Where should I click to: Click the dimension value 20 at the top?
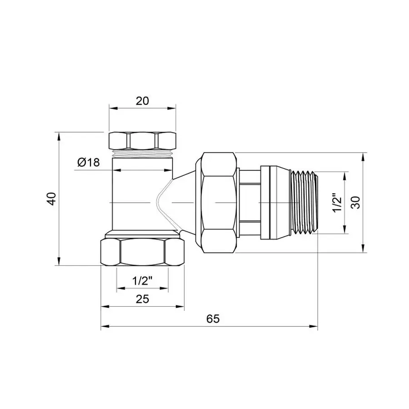[143, 101]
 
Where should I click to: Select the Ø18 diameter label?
[88, 162]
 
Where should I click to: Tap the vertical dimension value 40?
[52, 199]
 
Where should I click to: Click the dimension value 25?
[143, 299]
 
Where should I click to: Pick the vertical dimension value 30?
[356, 202]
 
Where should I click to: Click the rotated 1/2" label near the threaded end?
[337, 203]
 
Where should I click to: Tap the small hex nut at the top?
[143, 140]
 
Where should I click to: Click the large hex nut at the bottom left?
[143, 253]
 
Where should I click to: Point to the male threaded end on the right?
[304, 202]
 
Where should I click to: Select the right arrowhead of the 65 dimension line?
[314, 326]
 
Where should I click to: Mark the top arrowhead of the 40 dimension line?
[58, 135]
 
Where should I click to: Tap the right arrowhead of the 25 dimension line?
[181, 307]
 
